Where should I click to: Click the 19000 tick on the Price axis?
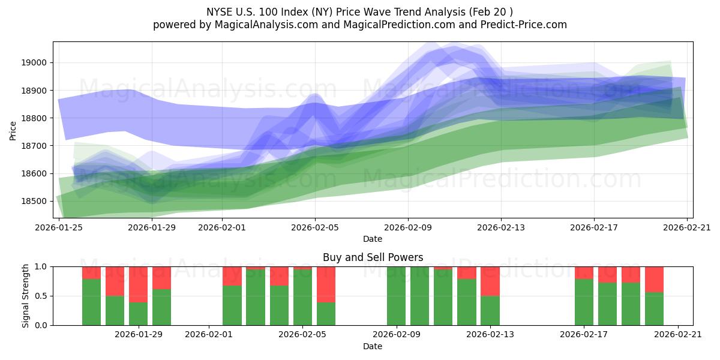(35, 62)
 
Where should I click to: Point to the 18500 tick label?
(35, 201)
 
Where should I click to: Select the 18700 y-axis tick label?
(35, 146)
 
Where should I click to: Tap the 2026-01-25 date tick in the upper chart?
(59, 227)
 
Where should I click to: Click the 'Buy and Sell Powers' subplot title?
(373, 257)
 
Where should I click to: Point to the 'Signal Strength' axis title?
(25, 296)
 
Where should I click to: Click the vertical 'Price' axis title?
(13, 130)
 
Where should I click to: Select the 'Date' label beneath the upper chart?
(373, 239)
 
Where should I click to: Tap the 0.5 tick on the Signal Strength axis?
(43, 296)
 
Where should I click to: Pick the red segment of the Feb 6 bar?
(326, 284)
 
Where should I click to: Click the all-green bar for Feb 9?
(397, 296)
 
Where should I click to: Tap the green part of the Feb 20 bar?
(655, 308)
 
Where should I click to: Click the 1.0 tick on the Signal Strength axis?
(43, 266)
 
